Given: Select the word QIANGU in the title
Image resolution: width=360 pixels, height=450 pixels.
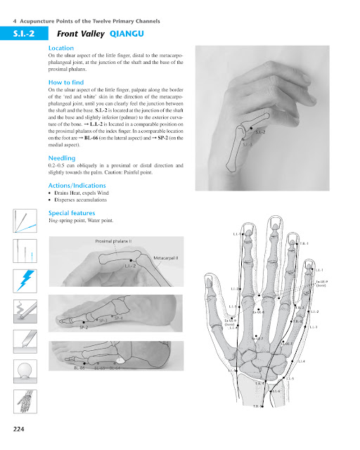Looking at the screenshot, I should point(127,33).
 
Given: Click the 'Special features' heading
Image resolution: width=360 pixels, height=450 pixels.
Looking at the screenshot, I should point(72,212).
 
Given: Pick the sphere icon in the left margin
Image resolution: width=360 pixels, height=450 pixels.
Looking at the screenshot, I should point(25,371).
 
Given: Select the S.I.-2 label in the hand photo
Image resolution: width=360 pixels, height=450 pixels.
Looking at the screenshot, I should point(260,131).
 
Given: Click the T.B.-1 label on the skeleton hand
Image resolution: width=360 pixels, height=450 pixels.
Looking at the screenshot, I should point(304,244).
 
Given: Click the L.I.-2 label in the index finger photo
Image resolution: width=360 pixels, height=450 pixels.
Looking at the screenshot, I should point(130,267).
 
